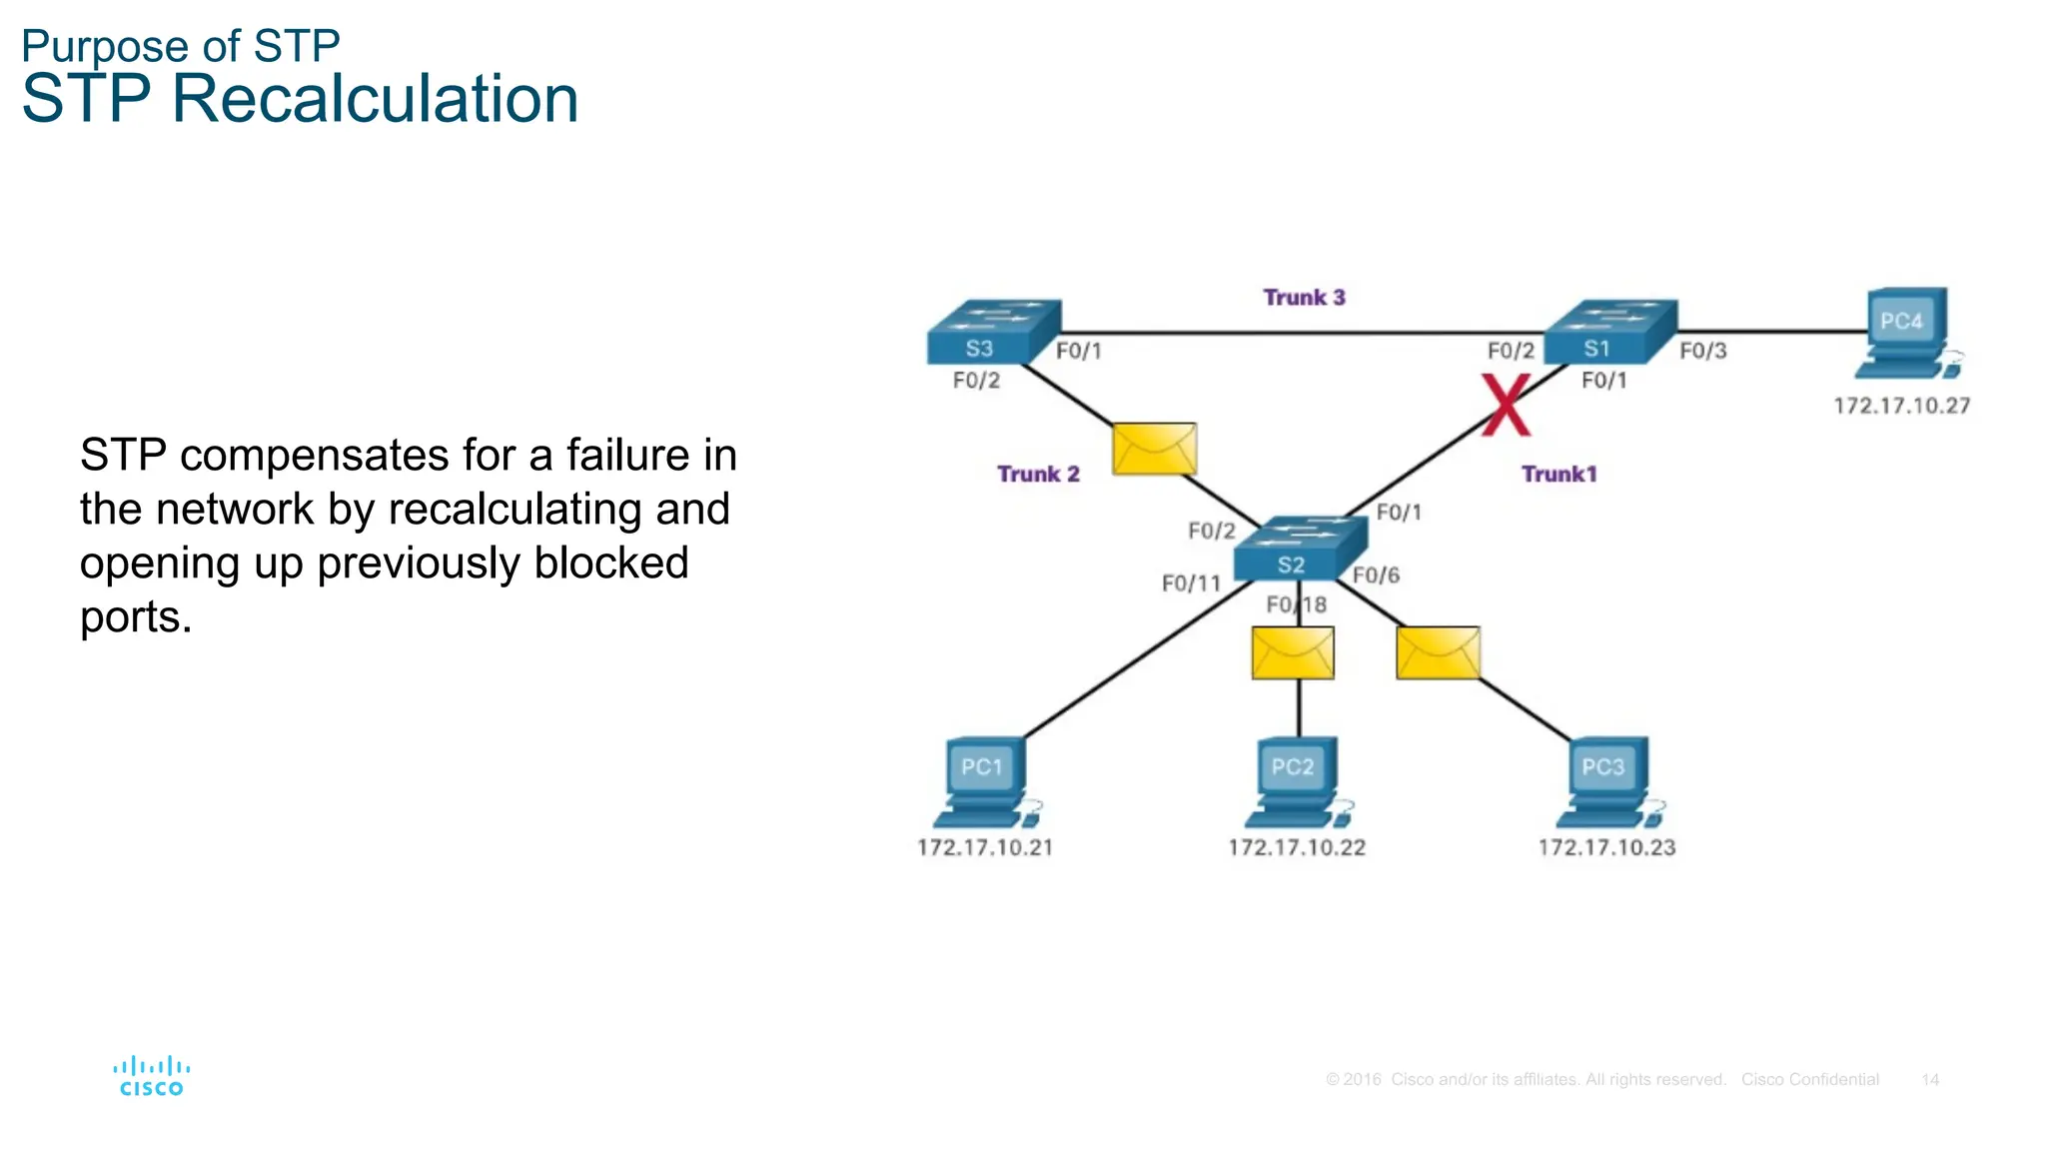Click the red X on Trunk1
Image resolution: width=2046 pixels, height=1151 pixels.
[1506, 406]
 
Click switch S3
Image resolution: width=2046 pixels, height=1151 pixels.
[992, 333]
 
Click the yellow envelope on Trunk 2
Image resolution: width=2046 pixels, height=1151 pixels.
[1154, 449]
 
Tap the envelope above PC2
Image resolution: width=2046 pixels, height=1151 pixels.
[1293, 653]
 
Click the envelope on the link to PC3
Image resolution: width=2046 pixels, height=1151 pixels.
[1438, 653]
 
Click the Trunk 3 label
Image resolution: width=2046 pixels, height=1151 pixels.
[1304, 298]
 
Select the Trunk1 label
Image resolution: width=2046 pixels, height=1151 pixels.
[1558, 474]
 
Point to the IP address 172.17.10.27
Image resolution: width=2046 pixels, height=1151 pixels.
[1901, 406]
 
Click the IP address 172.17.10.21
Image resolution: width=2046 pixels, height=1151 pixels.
[985, 847]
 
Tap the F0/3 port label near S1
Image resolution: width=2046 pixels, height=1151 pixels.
[1702, 351]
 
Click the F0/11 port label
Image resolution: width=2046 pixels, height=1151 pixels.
[1191, 583]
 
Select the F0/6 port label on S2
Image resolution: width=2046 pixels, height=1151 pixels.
[1376, 575]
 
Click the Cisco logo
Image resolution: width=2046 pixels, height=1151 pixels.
[151, 1076]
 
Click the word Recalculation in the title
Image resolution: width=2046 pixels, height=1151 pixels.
[375, 100]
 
